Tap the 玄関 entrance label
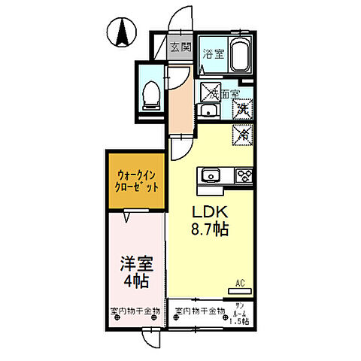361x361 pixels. click(x=180, y=47)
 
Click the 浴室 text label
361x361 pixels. click(x=214, y=53)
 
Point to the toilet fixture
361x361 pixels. click(x=151, y=93)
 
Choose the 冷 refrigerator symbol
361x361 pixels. click(x=242, y=135)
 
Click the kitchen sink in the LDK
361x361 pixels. click(x=211, y=176)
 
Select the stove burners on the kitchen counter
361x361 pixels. click(x=244, y=176)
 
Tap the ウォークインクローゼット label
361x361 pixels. click(x=136, y=181)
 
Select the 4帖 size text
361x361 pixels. click(x=134, y=282)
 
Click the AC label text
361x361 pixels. click(x=241, y=283)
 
